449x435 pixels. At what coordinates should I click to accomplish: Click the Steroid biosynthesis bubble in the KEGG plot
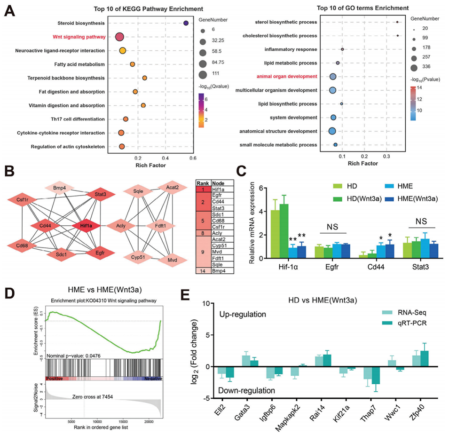(186, 23)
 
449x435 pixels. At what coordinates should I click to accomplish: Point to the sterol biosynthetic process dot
(397, 22)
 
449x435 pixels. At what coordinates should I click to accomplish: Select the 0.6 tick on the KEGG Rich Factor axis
(192, 158)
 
